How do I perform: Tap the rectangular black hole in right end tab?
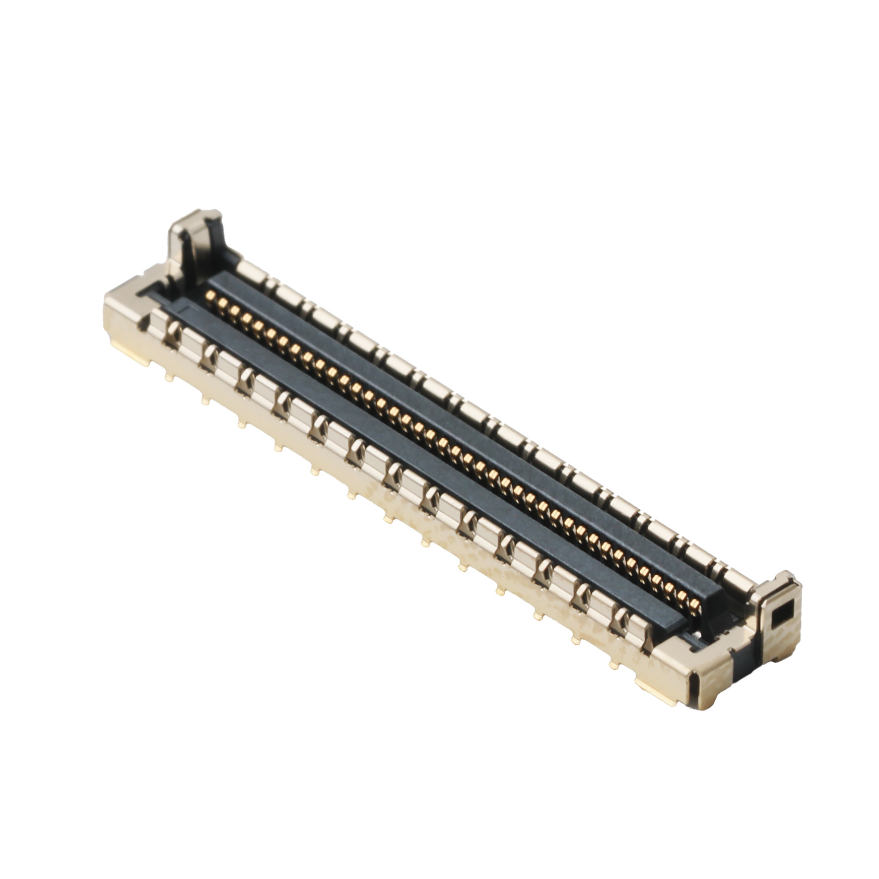(x=782, y=614)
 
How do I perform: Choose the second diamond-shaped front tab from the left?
(x=210, y=354)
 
